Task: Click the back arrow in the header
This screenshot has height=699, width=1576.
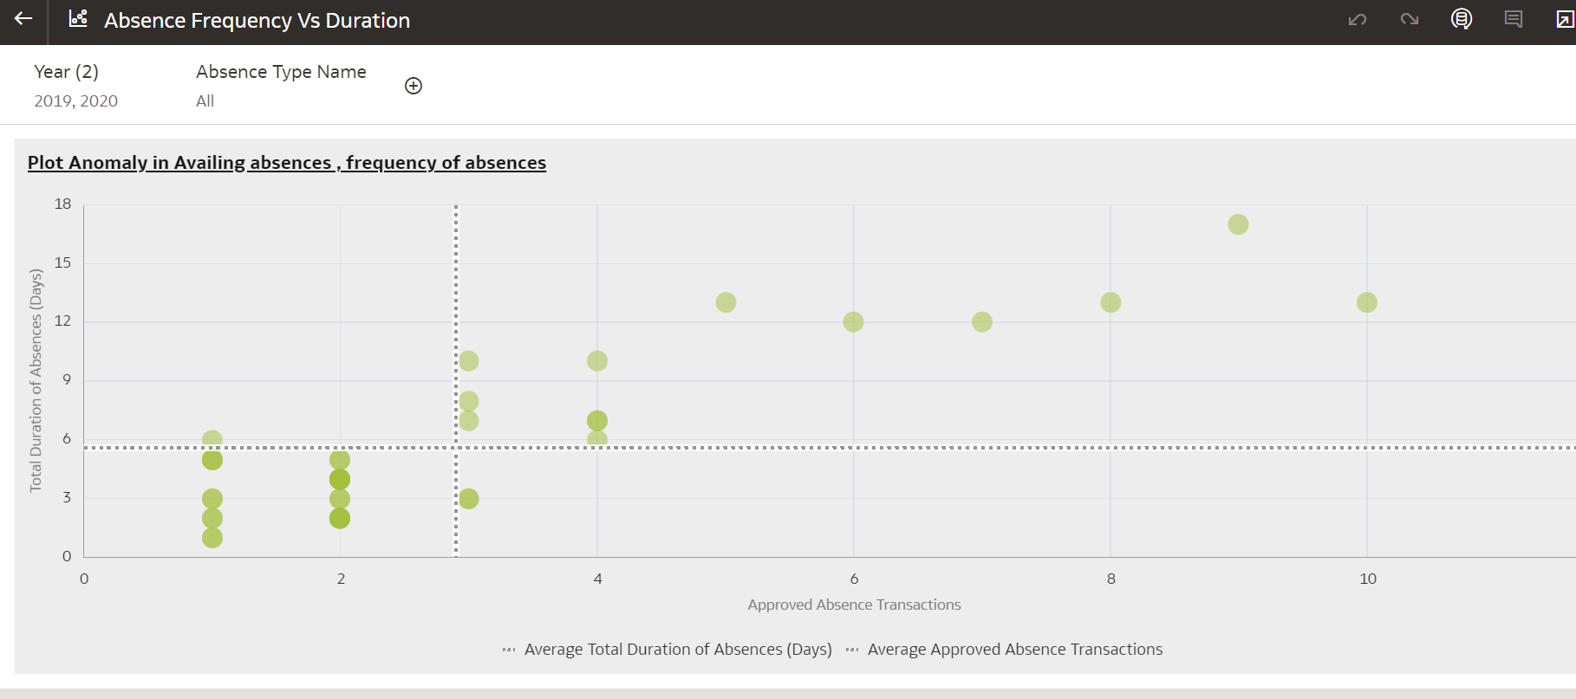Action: click(x=23, y=18)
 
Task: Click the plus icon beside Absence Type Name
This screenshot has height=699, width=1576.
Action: click(x=414, y=86)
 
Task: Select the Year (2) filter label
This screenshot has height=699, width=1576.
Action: click(x=66, y=72)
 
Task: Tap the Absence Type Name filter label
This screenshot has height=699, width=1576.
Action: click(x=281, y=72)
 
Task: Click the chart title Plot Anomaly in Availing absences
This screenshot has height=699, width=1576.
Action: click(x=286, y=163)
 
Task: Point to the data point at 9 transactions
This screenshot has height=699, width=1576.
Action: click(x=1238, y=224)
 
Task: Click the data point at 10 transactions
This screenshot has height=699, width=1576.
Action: click(x=1366, y=302)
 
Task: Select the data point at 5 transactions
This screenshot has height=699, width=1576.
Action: click(x=726, y=302)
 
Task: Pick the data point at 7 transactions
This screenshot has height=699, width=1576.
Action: click(x=981, y=322)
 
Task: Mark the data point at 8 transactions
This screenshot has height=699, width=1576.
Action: click(x=1110, y=302)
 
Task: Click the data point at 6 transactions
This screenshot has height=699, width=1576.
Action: click(x=853, y=322)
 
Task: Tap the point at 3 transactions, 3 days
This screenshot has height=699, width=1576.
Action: click(x=468, y=499)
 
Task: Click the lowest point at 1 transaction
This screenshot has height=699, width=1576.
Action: click(x=212, y=538)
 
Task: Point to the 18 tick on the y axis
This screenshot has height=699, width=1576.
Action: click(x=62, y=204)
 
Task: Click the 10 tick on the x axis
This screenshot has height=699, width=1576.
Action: click(x=1367, y=579)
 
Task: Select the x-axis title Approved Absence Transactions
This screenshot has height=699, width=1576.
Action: click(x=854, y=605)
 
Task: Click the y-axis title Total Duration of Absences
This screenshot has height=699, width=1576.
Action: click(x=36, y=380)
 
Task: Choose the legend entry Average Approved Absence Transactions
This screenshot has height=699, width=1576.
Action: click(x=1014, y=650)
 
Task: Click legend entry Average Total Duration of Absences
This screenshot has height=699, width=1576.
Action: click(x=677, y=650)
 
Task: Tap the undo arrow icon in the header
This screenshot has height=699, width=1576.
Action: click(x=1357, y=19)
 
